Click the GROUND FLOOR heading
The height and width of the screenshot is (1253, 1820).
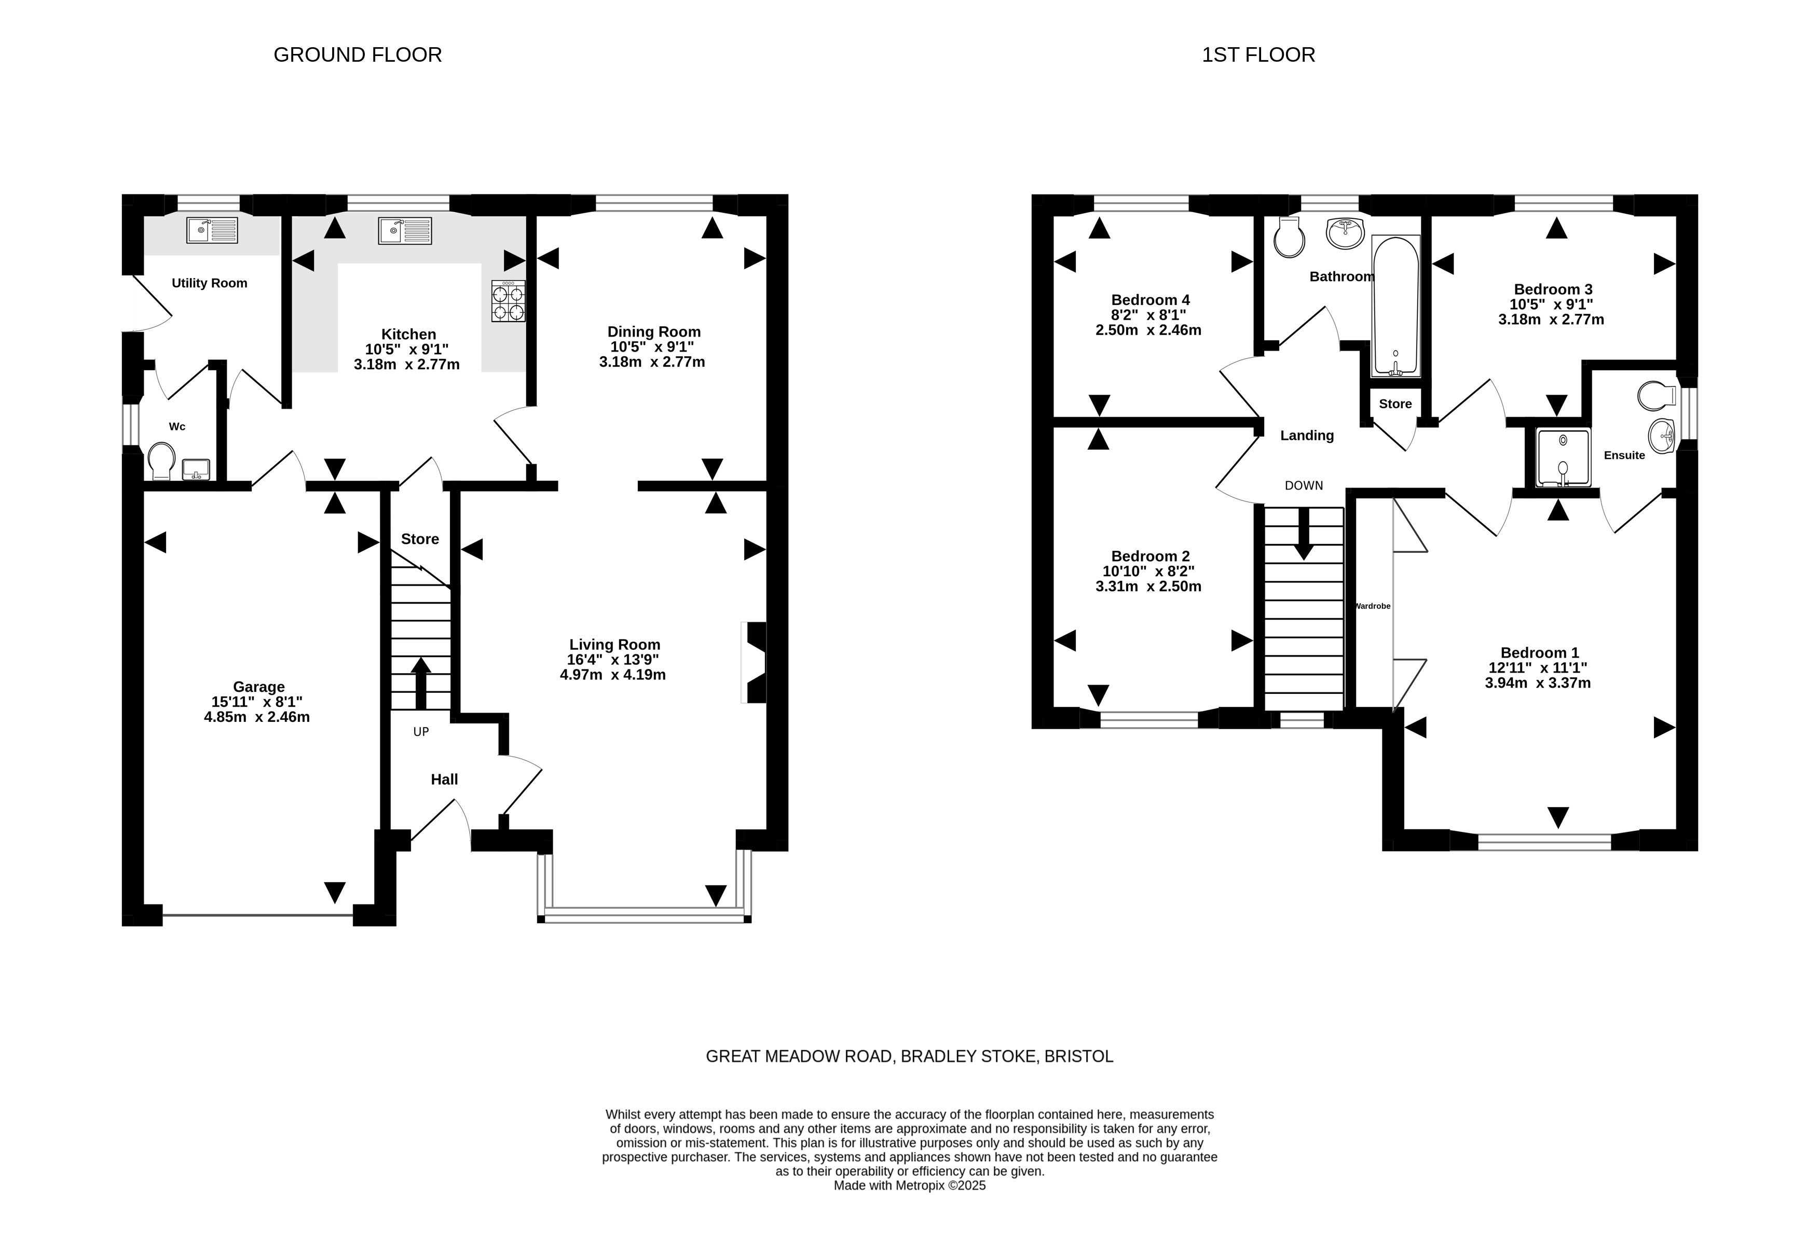[x=358, y=55]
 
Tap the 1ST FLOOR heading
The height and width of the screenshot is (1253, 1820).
[x=1258, y=55]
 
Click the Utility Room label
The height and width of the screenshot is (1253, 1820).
[x=210, y=283]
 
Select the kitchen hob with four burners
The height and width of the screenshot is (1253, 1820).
[x=508, y=301]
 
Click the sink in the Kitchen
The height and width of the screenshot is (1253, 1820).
[x=405, y=230]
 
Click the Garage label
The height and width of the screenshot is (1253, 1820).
[x=259, y=687]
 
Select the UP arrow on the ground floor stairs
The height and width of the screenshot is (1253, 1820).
[x=421, y=683]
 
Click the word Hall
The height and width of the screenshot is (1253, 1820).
[x=445, y=779]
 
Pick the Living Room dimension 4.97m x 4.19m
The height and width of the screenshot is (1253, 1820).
[x=613, y=675]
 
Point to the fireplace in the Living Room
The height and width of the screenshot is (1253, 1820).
[x=754, y=663]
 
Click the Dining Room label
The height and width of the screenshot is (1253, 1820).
[x=654, y=332]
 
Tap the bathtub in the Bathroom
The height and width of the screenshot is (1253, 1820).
[x=1396, y=306]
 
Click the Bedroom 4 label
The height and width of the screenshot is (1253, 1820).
[x=1151, y=300]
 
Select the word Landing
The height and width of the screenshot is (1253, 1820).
[x=1307, y=436]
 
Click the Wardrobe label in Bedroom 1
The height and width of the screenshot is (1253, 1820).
[x=1373, y=606]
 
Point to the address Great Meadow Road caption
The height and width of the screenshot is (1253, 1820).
[x=910, y=1057]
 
